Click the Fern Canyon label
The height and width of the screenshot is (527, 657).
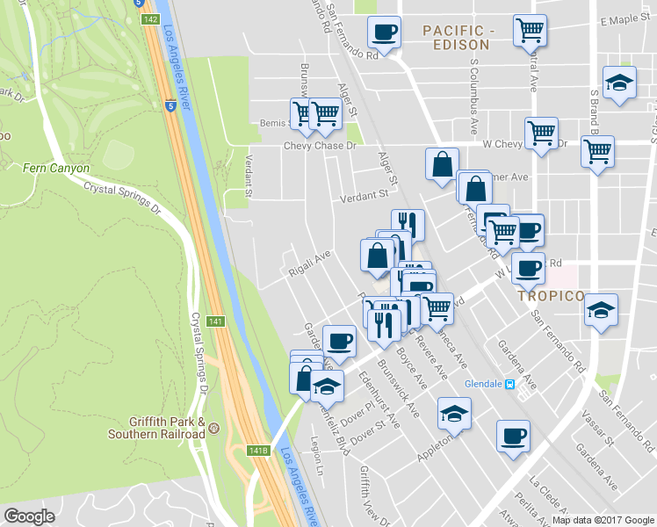tap(56, 168)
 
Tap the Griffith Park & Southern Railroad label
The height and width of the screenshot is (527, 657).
tap(156, 428)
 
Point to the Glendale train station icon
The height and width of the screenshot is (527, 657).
tap(509, 384)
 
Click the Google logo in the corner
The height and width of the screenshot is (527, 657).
tap(30, 516)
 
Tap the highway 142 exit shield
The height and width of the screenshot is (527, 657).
tap(150, 18)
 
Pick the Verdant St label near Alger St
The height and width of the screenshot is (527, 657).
tap(365, 195)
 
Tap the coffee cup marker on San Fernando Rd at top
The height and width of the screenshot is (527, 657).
tap(384, 32)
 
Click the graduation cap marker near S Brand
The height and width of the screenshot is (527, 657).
tap(619, 83)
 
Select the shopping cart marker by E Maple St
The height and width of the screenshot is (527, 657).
tap(530, 31)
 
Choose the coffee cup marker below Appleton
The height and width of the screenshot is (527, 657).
tap(513, 435)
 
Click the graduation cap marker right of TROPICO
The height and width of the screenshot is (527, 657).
tap(601, 310)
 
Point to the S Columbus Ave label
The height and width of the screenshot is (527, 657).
tap(474, 88)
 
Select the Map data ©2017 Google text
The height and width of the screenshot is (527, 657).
tap(603, 520)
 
